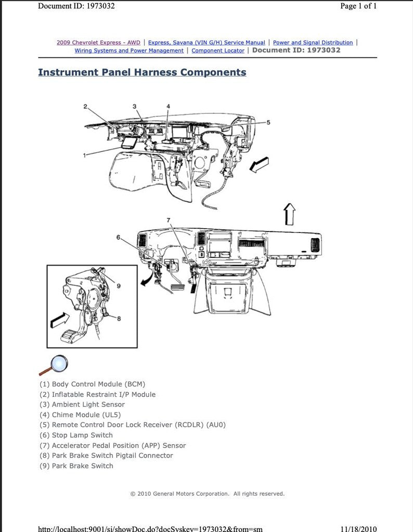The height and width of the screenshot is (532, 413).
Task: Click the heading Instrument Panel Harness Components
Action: (x=142, y=72)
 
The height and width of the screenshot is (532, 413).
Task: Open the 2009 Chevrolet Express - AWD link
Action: (x=98, y=43)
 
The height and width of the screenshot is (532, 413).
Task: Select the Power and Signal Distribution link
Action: (x=313, y=43)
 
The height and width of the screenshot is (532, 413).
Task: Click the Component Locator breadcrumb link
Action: (x=217, y=51)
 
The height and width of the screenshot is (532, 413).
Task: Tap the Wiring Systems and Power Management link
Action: (x=129, y=51)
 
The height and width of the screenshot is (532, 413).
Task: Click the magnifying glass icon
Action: (x=54, y=365)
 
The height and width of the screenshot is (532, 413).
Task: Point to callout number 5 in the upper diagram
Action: (x=268, y=122)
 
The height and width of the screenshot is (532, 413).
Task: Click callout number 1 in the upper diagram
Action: (x=84, y=155)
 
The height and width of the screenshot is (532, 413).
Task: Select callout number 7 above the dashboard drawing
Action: (x=168, y=220)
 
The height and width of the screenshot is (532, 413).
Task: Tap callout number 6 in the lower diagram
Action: (x=118, y=237)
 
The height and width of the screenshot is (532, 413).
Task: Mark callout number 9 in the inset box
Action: (x=119, y=286)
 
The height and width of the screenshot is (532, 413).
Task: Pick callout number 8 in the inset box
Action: (x=119, y=319)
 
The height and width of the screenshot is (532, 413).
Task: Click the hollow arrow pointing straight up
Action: (x=289, y=214)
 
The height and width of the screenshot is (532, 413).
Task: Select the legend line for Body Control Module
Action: (x=92, y=384)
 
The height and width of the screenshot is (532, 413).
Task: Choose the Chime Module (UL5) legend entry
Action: (x=86, y=415)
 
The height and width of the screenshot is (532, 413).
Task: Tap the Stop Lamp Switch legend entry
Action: (x=76, y=435)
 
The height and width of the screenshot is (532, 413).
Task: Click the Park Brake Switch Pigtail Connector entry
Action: (x=106, y=456)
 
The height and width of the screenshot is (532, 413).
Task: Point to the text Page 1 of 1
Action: (x=358, y=6)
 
